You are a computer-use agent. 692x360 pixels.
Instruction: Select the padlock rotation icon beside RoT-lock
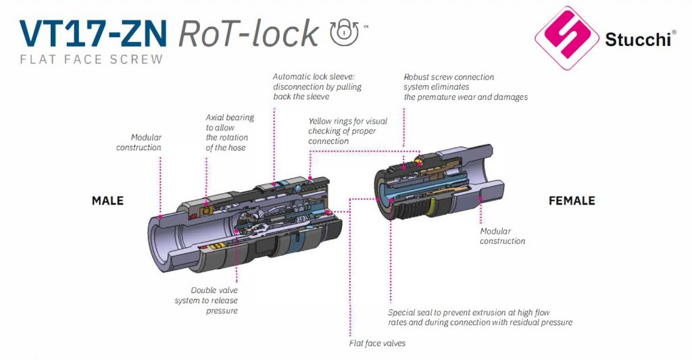pyautogui.click(x=345, y=32)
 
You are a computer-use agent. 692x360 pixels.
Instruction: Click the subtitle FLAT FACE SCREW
pyautogui.click(x=91, y=59)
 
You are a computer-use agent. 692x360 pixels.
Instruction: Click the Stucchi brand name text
pyautogui.click(x=638, y=41)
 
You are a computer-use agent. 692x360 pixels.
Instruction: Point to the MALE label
pyautogui.click(x=107, y=201)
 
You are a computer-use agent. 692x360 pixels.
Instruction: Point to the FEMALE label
pyautogui.click(x=572, y=201)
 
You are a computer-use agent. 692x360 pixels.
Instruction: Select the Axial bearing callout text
pyautogui.click(x=230, y=132)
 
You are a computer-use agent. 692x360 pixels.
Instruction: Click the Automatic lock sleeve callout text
pyautogui.click(x=317, y=86)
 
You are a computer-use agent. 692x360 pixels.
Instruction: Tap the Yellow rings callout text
pyautogui.click(x=347, y=131)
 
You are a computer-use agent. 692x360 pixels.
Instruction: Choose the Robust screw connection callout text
pyautogui.click(x=465, y=87)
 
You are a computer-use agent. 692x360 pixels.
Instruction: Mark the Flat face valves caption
pyautogui.click(x=377, y=343)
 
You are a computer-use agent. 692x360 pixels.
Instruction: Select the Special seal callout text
pyautogui.click(x=480, y=317)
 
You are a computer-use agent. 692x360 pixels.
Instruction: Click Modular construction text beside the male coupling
pyautogui.click(x=139, y=142)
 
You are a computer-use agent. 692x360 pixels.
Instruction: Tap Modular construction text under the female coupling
pyautogui.click(x=502, y=236)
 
